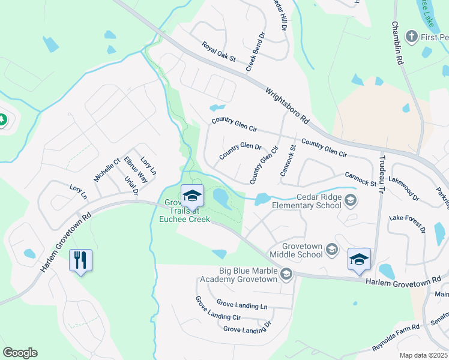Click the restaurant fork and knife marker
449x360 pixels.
pos(80,260)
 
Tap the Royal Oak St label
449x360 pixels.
pos(218,53)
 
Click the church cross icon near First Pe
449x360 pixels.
pos(411,37)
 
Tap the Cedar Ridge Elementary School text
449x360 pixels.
pos(306,201)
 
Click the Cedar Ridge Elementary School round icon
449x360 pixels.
pos(350,200)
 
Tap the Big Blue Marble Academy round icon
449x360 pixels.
pos(286,274)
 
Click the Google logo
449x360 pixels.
pos(20,353)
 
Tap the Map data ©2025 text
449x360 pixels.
pos(423,355)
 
